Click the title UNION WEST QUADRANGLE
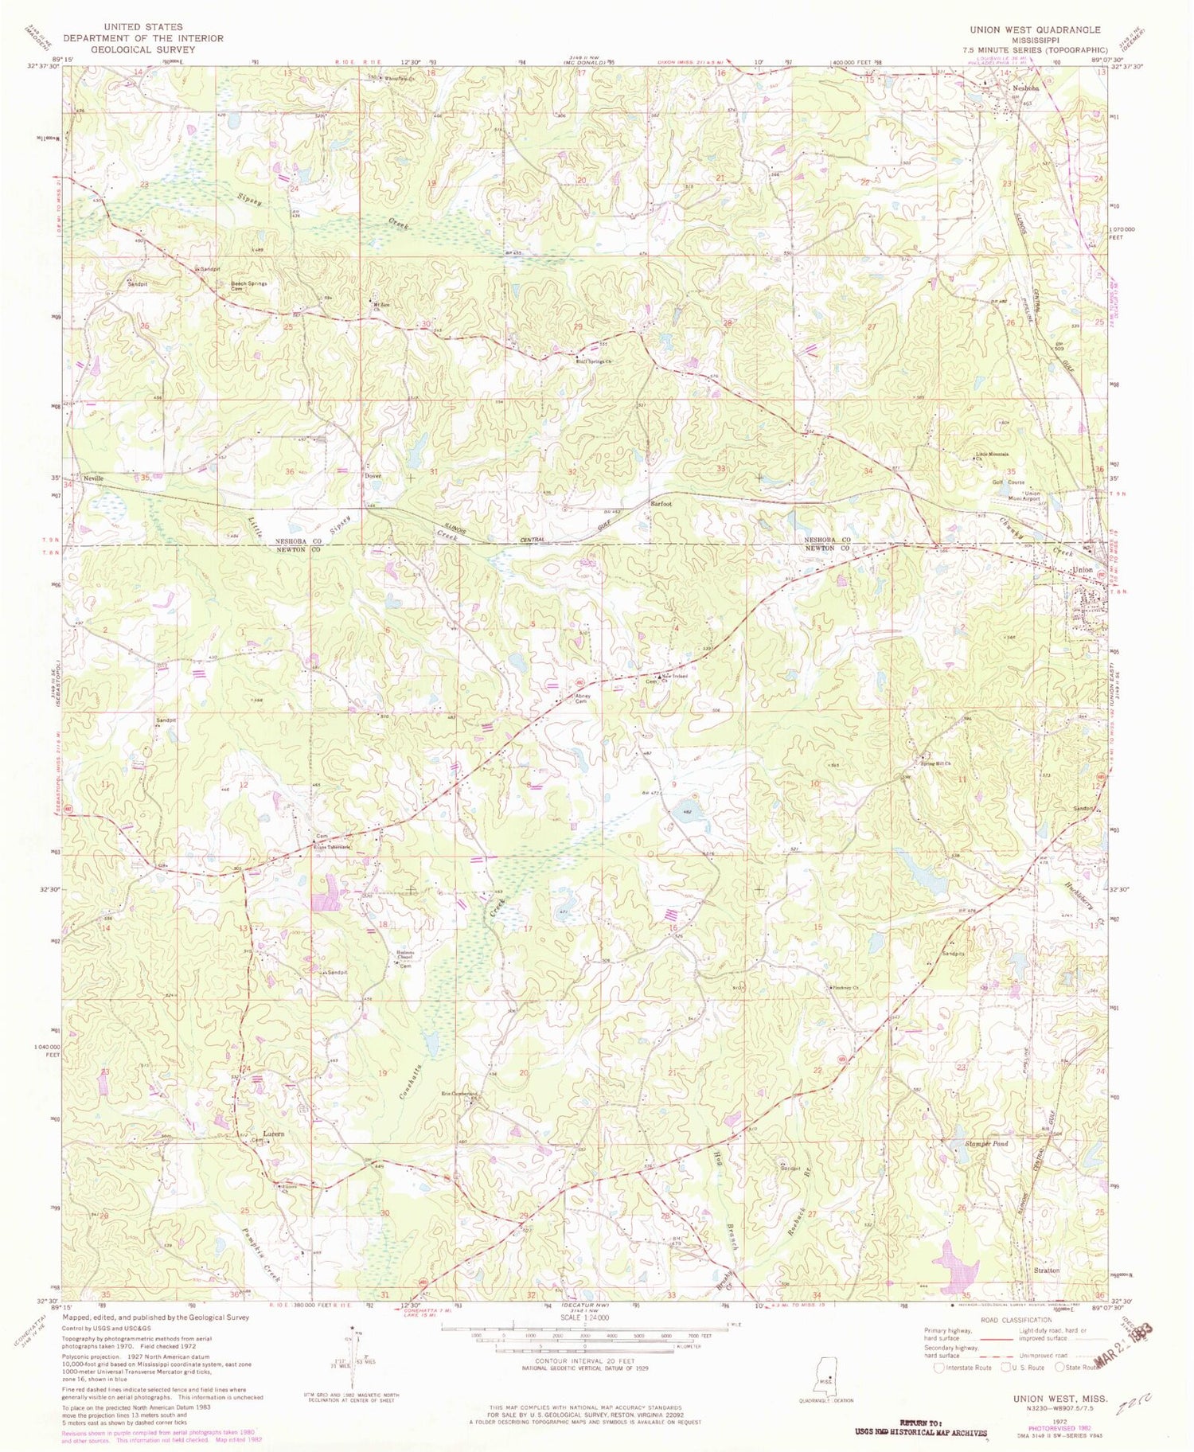(1034, 29)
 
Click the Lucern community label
(274, 1133)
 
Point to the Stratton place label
(1046, 1270)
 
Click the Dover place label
(373, 475)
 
